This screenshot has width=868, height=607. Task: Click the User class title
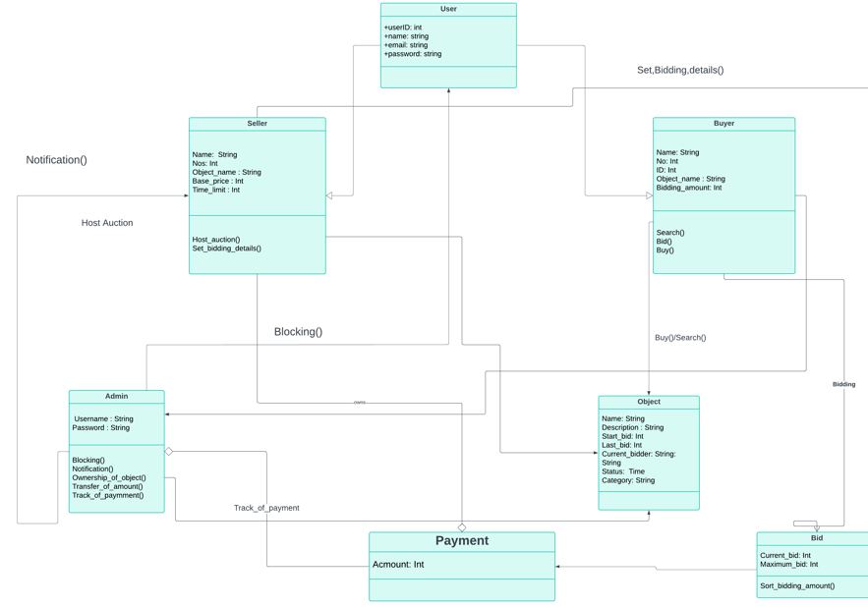coord(448,9)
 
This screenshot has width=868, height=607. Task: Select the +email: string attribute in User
coord(406,45)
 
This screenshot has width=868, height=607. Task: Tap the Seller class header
coord(257,124)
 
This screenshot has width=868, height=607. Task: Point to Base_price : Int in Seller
coord(218,181)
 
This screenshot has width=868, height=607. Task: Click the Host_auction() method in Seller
coord(216,240)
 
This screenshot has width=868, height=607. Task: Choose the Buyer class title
coord(723,124)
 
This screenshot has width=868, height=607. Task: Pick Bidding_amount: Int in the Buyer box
coord(689,188)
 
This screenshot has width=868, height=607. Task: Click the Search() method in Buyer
coord(670,233)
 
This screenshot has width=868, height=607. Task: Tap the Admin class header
coord(116,397)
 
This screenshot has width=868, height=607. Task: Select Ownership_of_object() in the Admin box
coord(109,478)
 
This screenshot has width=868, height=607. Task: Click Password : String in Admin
coord(101,428)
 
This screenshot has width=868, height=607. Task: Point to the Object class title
coord(649,402)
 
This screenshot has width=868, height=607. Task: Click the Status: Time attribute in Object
coord(623,471)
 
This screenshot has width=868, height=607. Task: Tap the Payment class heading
coord(461,541)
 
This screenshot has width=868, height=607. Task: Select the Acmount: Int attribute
coord(398,565)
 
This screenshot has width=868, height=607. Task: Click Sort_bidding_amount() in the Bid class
coord(797,586)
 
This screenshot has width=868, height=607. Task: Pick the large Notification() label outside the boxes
coord(56,160)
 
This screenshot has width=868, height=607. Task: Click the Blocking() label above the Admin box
coord(298,332)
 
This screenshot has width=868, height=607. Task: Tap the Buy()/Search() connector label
coord(680,338)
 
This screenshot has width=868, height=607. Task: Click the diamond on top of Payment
coord(462,527)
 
